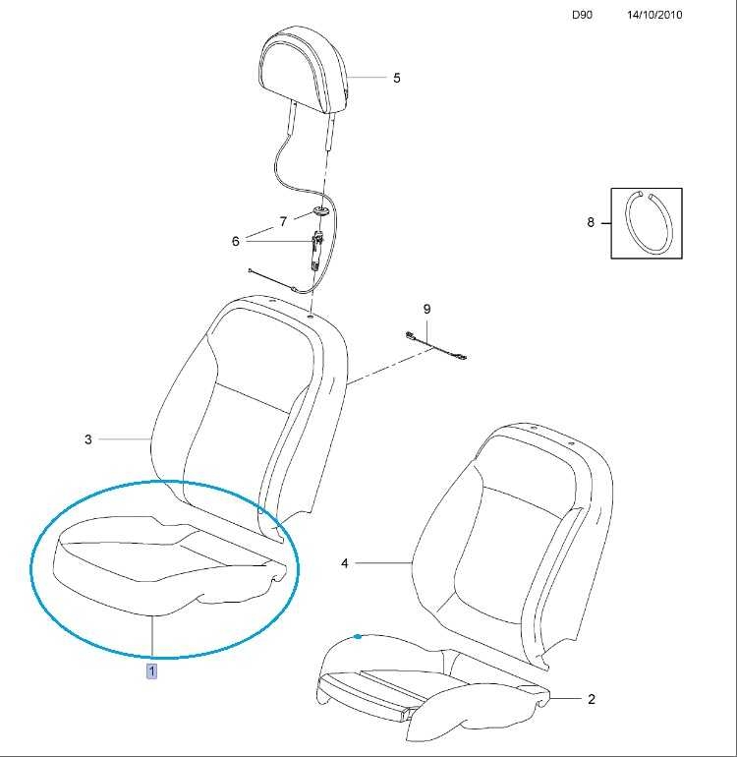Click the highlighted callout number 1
coord(151,671)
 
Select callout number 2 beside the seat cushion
coord(592,699)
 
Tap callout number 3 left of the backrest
coord(87,439)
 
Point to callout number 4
coord(345,563)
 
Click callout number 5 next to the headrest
coord(397,78)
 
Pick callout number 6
coord(236,241)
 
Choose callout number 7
coord(283,221)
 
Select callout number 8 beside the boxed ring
coord(591,222)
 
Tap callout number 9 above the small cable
coord(426,309)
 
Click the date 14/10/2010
coord(654,15)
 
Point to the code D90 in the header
coord(582,15)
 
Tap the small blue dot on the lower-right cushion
coord(357,637)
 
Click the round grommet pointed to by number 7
coord(320,210)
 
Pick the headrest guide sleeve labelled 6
coord(317,250)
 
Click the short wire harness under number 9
coord(435,345)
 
